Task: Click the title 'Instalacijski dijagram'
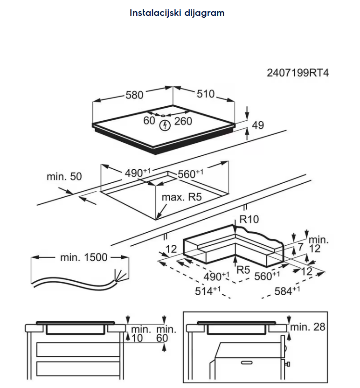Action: click(177, 13)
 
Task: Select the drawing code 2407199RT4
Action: click(298, 73)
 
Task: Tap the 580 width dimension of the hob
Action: click(134, 95)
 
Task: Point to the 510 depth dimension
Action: click(205, 94)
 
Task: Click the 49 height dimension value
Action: click(257, 125)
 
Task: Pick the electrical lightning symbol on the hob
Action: click(164, 125)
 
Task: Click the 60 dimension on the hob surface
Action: click(149, 121)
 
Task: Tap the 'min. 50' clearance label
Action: click(64, 177)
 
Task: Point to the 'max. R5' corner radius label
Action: click(181, 197)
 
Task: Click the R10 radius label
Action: click(249, 219)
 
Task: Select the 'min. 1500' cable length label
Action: click(84, 257)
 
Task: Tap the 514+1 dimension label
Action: click(207, 291)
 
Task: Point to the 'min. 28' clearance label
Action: click(307, 327)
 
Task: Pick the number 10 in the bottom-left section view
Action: click(136, 338)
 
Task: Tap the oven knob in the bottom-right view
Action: click(289, 362)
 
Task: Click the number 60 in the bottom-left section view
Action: click(161, 338)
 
